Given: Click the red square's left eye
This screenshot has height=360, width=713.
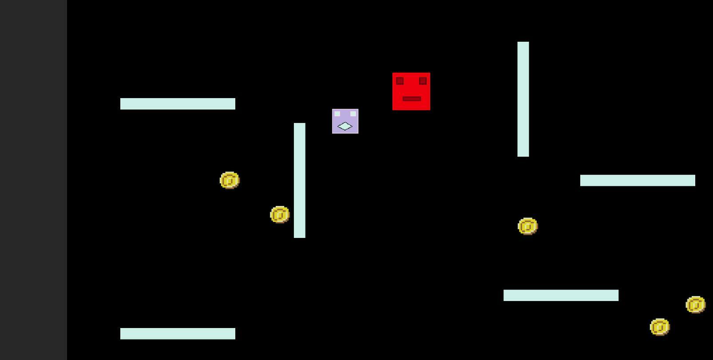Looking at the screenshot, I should [400, 81].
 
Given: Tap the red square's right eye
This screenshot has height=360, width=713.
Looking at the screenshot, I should [423, 81].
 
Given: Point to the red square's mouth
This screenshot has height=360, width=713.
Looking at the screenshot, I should [412, 99].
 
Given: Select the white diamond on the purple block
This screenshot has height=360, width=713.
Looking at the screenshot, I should [345, 127].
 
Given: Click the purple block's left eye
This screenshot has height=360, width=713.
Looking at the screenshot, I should [337, 114].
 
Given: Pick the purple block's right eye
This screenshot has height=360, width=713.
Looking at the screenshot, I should [353, 114].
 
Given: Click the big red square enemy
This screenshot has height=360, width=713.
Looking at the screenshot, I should [411, 91].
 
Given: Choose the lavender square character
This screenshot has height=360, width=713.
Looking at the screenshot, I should [345, 121].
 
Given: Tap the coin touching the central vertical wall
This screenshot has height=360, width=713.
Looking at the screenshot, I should [280, 215].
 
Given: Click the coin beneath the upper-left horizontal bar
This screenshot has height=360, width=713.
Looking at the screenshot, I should [230, 180].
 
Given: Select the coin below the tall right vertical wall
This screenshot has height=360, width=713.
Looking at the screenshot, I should [527, 226].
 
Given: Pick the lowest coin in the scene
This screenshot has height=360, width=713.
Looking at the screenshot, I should [659, 327].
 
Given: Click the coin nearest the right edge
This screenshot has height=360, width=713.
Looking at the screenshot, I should [695, 305].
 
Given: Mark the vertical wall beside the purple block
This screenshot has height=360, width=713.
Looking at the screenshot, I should [300, 180].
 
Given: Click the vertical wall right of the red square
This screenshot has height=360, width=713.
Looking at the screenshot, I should [523, 99].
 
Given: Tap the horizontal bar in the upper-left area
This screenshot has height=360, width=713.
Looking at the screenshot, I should [178, 104].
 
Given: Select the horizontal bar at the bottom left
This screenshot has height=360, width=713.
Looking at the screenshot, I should [178, 334].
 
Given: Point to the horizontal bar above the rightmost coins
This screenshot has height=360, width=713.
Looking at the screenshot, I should [561, 295].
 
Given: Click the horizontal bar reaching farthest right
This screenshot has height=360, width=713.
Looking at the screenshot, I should [638, 180].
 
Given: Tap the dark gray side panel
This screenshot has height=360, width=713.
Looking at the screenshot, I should [33, 180].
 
